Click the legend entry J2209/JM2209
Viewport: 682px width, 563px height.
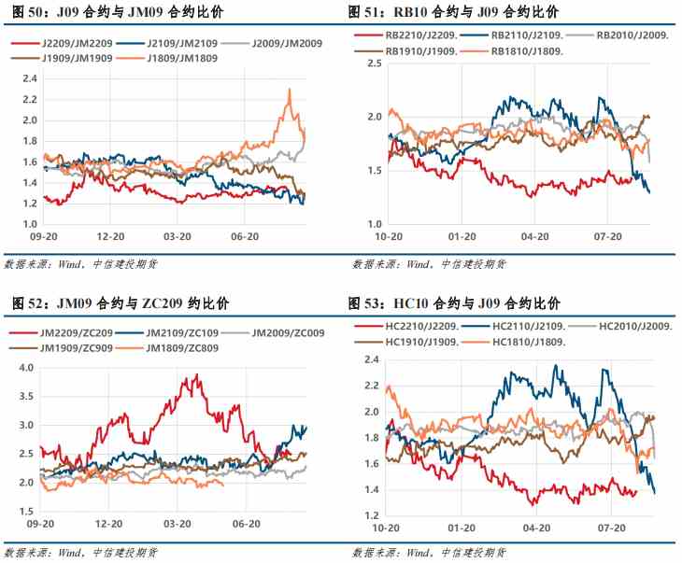[57, 44]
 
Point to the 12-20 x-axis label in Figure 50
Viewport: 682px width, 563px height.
[110, 237]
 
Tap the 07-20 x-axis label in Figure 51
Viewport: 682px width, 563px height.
[608, 237]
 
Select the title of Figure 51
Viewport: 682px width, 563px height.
[454, 11]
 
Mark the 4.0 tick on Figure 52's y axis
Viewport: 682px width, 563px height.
[25, 368]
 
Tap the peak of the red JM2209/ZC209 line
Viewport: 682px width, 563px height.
[196, 375]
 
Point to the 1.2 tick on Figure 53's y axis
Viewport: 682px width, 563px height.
[370, 515]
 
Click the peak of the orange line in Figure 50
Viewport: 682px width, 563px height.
[290, 90]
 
